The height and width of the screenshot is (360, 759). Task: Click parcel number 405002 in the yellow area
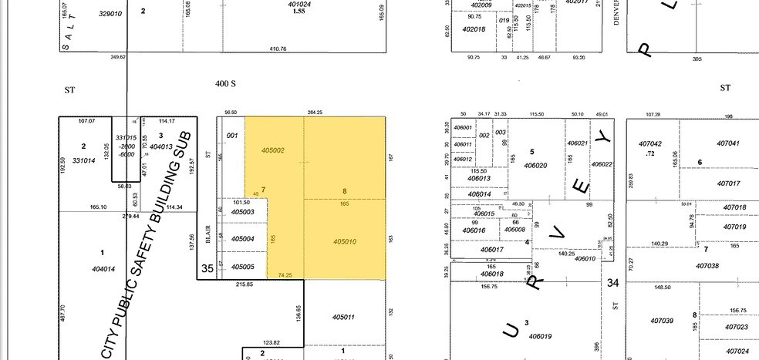pyautogui.click(x=274, y=150)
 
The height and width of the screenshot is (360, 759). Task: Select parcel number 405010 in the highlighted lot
pyautogui.click(x=345, y=241)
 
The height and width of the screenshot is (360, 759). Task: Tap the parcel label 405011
pyautogui.click(x=343, y=317)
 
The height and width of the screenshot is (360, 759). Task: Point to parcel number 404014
pyautogui.click(x=103, y=269)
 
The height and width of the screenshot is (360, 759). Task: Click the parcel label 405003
pyautogui.click(x=243, y=211)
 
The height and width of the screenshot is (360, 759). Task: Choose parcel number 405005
pyautogui.click(x=243, y=266)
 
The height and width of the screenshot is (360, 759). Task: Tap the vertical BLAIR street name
pyautogui.click(x=208, y=234)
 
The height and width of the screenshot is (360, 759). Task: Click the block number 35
pyautogui.click(x=207, y=269)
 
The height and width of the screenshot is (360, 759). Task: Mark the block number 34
pyautogui.click(x=613, y=283)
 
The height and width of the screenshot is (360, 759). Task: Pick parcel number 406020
pyautogui.click(x=535, y=165)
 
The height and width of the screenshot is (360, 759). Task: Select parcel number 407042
pyautogui.click(x=650, y=143)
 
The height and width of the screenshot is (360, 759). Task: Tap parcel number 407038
pyautogui.click(x=707, y=265)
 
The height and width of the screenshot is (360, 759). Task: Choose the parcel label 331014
pyautogui.click(x=83, y=160)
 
